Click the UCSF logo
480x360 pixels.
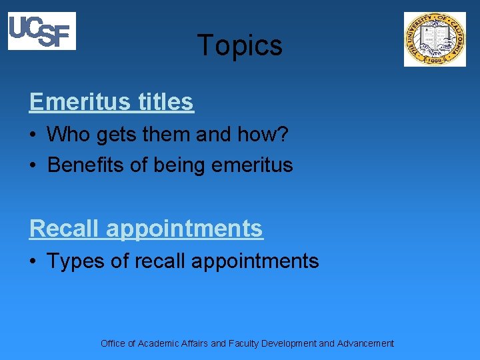pos(41,31)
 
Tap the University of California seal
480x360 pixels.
pos(435,39)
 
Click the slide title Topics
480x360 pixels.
pos(240,46)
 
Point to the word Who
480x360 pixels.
pos(69,135)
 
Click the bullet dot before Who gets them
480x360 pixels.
pos(33,135)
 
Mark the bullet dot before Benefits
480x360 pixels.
pos(33,165)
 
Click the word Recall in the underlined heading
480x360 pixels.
pos(65,229)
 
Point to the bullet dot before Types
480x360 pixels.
pos(33,261)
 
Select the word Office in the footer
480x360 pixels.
pos(113,343)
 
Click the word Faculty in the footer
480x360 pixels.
pos(243,343)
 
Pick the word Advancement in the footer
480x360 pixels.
pos(365,343)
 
